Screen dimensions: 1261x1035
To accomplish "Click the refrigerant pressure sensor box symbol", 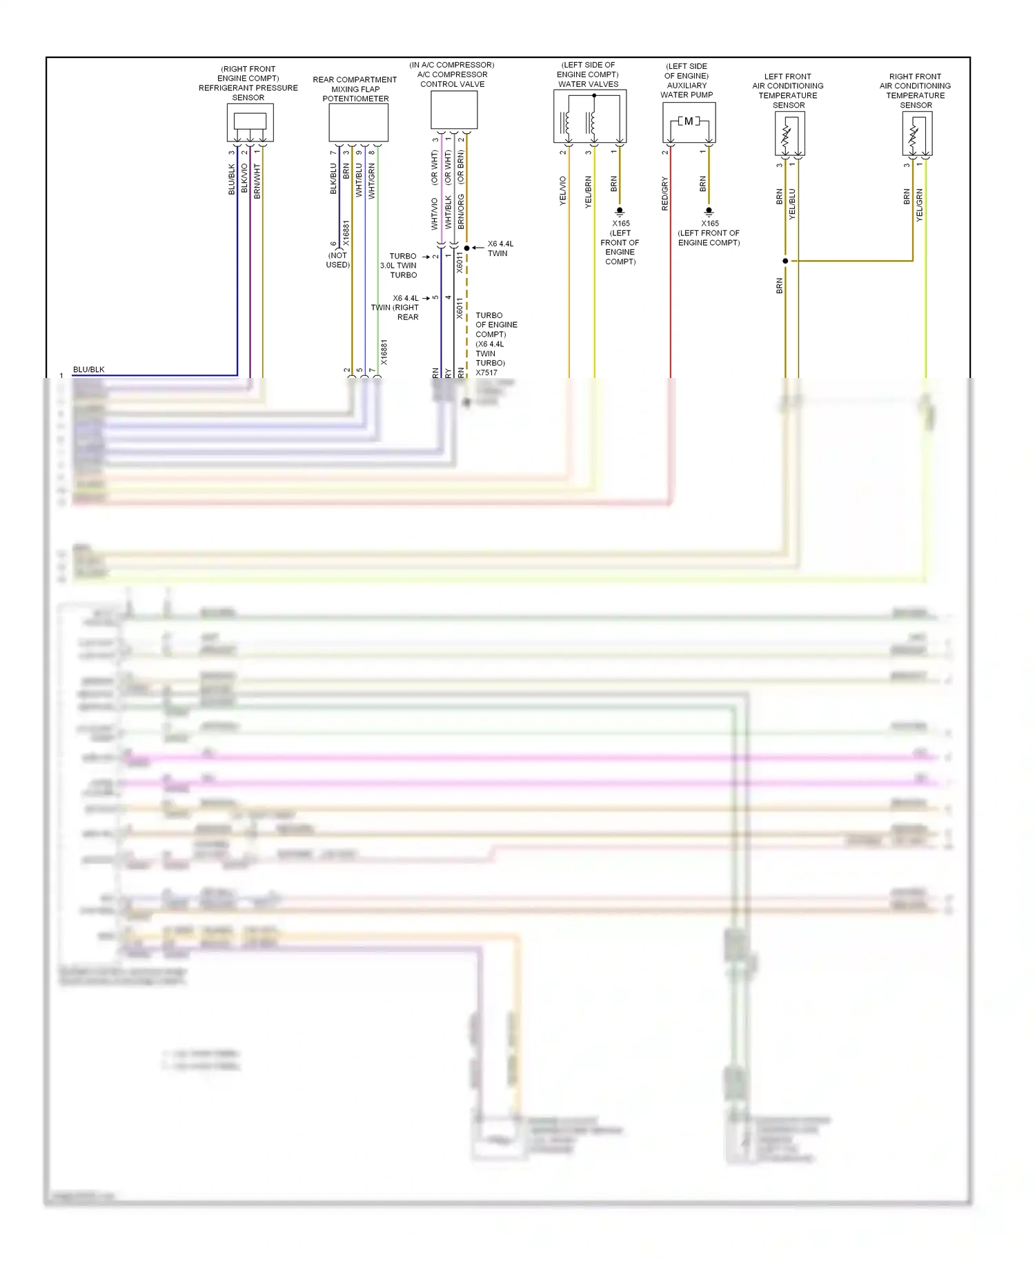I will pyautogui.click(x=250, y=122).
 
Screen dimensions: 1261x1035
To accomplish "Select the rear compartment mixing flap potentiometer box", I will pyautogui.click(x=358, y=123).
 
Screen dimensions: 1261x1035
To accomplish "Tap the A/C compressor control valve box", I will pyautogui.click(x=453, y=110).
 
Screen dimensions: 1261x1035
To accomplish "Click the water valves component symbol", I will pyautogui.click(x=589, y=116).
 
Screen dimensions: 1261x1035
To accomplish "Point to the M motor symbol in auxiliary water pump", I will pyautogui.click(x=689, y=121).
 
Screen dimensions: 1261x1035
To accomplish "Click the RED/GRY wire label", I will pyautogui.click(x=665, y=194).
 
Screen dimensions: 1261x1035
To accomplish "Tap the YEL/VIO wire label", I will pyautogui.click(x=563, y=191).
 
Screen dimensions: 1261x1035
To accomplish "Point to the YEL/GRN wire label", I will pyautogui.click(x=919, y=205).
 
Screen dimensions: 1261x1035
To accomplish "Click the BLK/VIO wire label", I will pyautogui.click(x=244, y=179).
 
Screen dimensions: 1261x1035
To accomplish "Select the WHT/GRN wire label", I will pyautogui.click(x=372, y=181).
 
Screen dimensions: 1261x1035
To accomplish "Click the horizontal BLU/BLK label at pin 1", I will pyautogui.click(x=89, y=370).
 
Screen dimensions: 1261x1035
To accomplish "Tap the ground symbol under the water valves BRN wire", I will pyautogui.click(x=620, y=211).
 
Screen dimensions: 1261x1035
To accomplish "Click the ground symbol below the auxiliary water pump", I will pyautogui.click(x=709, y=211).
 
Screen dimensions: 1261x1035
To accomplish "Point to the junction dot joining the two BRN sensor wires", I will pyautogui.click(x=785, y=261).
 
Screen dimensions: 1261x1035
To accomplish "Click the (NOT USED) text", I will pyautogui.click(x=338, y=260).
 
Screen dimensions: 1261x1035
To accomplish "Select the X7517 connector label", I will pyautogui.click(x=486, y=373).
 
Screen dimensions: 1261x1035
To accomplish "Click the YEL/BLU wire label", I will pyautogui.click(x=792, y=204).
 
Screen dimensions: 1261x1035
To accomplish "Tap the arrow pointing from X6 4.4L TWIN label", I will pyautogui.click(x=477, y=248).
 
